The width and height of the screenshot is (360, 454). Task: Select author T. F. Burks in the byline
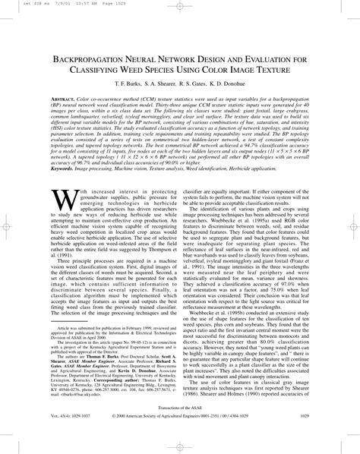coord(125,90)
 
